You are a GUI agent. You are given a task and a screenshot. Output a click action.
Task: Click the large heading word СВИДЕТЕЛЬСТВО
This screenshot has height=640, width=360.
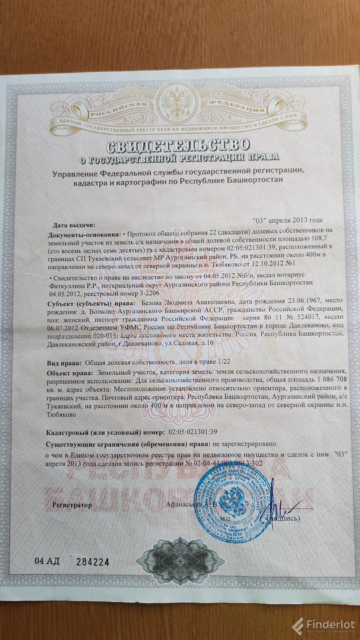tap(179, 144)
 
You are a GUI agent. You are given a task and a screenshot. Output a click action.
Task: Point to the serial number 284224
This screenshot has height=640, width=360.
tap(93, 562)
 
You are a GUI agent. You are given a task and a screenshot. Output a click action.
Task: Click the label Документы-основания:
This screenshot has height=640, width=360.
tap(84, 234)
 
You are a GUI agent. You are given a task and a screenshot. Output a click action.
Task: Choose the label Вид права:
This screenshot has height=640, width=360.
tap(64, 363)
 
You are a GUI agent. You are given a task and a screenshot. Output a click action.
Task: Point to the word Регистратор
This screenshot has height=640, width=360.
tap(72, 505)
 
